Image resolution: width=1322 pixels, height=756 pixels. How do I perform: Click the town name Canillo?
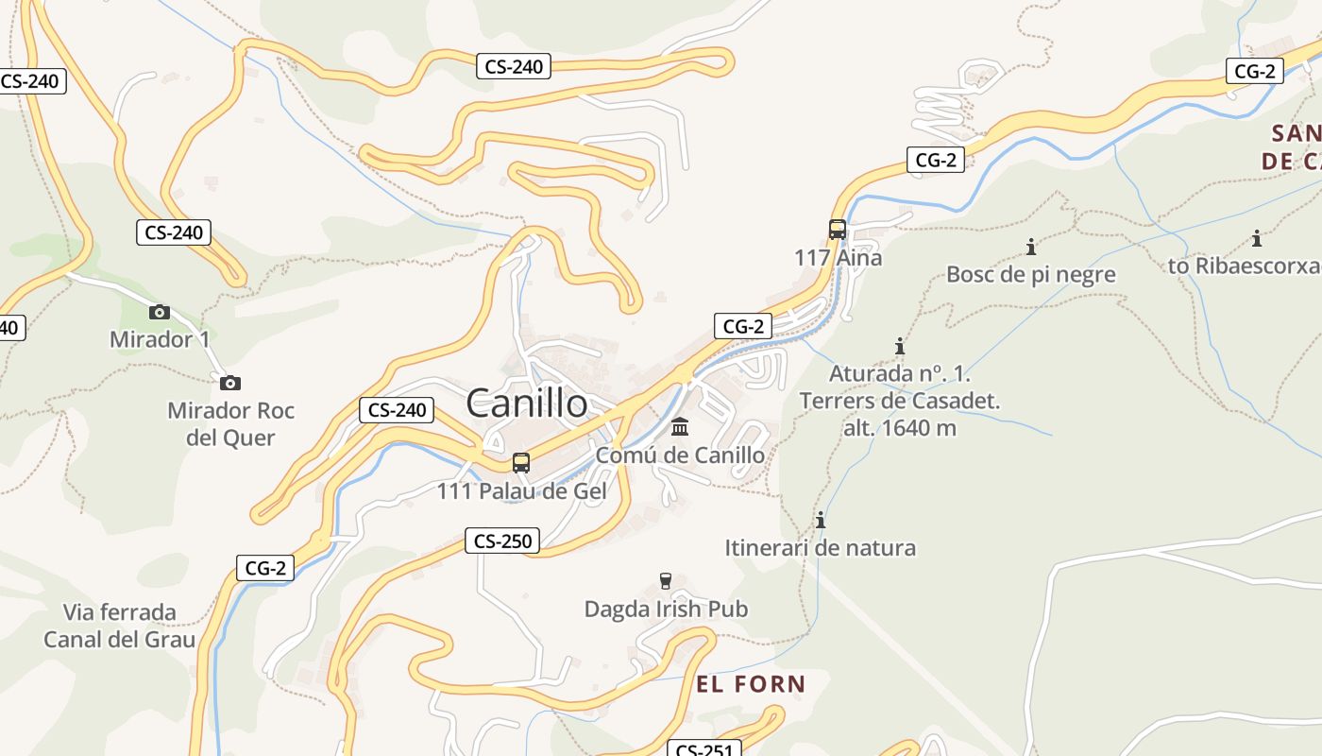pyautogui.click(x=527, y=404)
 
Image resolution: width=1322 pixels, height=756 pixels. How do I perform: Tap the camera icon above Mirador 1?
pyautogui.click(x=160, y=312)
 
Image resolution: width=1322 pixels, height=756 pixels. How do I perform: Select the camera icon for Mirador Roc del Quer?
pyautogui.click(x=229, y=383)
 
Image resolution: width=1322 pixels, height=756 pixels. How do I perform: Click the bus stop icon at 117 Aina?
pyautogui.click(x=837, y=229)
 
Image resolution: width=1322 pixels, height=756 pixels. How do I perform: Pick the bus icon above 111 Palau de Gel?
pyautogui.click(x=520, y=462)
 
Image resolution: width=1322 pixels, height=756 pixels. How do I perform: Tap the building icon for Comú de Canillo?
pyautogui.click(x=680, y=427)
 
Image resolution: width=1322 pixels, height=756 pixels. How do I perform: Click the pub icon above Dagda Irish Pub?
pyautogui.click(x=666, y=580)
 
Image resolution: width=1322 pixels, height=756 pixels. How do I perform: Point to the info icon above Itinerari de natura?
pyautogui.click(x=821, y=520)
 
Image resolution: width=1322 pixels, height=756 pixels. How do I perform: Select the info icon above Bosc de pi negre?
pyautogui.click(x=1031, y=248)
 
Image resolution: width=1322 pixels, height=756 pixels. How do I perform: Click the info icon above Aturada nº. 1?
pyautogui.click(x=900, y=346)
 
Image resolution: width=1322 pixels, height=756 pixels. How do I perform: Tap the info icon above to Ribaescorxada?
pyautogui.click(x=1257, y=238)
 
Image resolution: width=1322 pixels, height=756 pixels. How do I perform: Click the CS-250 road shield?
pyautogui.click(x=502, y=541)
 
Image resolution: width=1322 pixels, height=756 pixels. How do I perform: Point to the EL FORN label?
pyautogui.click(x=751, y=684)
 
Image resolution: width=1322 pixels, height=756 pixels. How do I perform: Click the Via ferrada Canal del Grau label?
pyautogui.click(x=120, y=626)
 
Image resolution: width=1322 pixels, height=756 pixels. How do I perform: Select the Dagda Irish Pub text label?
pyautogui.click(x=666, y=610)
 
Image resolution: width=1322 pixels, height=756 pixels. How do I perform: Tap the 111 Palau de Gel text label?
pyautogui.click(x=521, y=491)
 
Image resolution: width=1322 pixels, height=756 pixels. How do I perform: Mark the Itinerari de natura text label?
pyautogui.click(x=820, y=548)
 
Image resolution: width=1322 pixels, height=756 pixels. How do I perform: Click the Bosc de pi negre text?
pyautogui.click(x=1031, y=275)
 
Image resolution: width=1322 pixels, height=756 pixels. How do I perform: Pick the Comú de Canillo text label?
pyautogui.click(x=680, y=455)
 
